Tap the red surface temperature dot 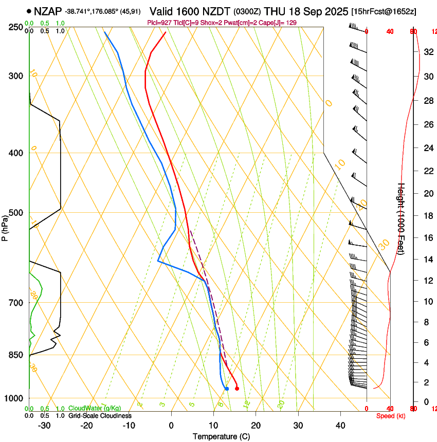pos(237,389)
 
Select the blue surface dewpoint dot pos(227,389)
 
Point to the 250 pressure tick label pos(16,27)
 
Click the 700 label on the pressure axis pos(16,303)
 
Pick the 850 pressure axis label pos(16,355)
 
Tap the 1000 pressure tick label pos(14,399)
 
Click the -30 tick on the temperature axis pos(44,426)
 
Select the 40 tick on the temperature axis pos(340,426)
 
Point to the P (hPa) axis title pos(5,227)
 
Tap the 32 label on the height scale pos(427,52)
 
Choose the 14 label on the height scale pos(427,260)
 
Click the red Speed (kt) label pos(391,416)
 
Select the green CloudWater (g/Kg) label pos(95,409)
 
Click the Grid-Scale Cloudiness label pos(100,416)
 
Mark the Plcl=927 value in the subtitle pos(158,23)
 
